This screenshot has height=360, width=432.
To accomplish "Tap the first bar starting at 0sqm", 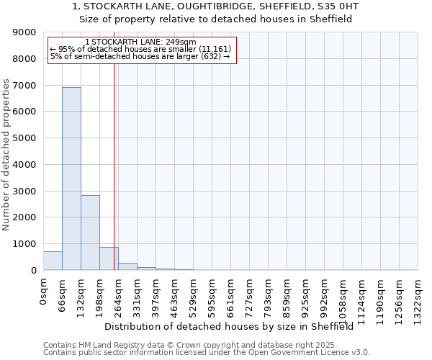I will click(x=53, y=261).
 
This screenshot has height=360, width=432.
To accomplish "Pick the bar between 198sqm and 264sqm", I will click(x=109, y=258).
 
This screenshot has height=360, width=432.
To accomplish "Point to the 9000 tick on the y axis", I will click(x=26, y=32).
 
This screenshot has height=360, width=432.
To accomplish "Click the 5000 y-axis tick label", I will click(x=26, y=138).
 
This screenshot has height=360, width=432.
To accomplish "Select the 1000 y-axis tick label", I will click(x=26, y=244).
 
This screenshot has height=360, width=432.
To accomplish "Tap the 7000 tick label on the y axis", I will click(x=26, y=86).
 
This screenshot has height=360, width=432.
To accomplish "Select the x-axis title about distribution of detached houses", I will click(x=234, y=326).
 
